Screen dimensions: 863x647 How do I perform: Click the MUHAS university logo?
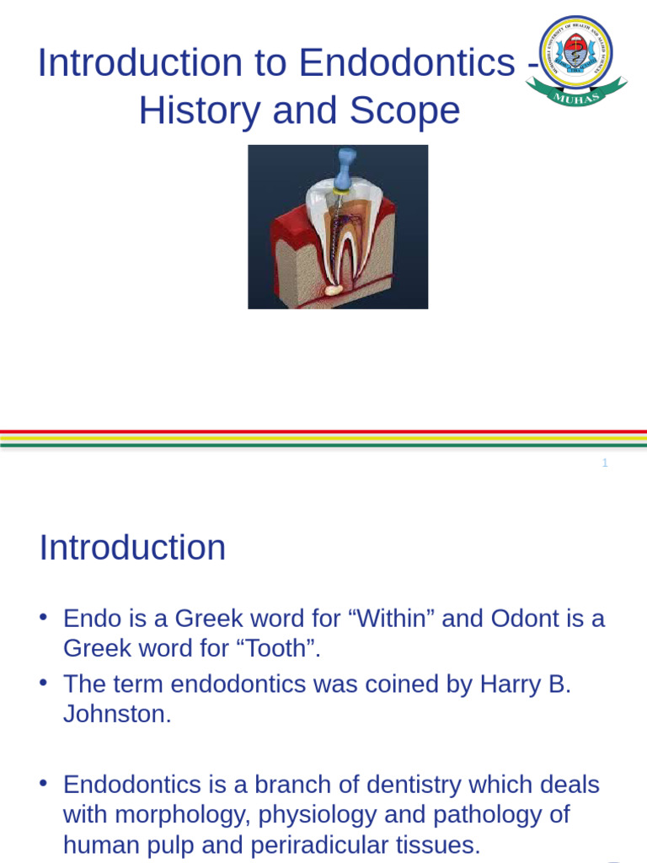click(576, 60)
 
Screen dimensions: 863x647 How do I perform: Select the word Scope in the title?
click(412, 110)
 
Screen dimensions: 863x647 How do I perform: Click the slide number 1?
click(605, 463)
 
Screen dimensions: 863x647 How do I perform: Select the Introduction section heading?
click(132, 548)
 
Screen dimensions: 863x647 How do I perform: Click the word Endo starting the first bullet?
click(92, 619)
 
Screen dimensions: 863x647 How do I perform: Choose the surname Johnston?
click(117, 715)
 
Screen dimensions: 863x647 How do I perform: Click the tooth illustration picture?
click(338, 227)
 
